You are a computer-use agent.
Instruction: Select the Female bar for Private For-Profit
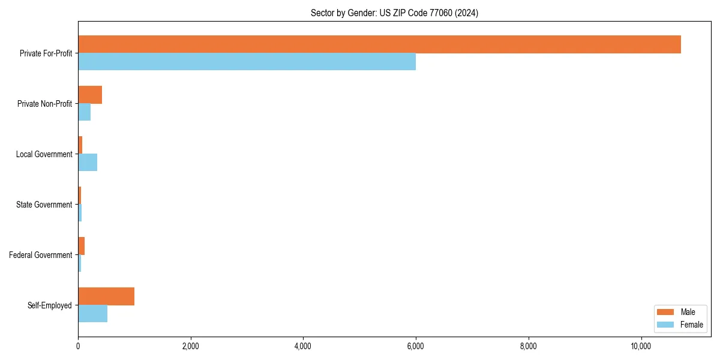(x=247, y=62)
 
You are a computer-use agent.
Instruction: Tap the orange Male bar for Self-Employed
(x=106, y=296)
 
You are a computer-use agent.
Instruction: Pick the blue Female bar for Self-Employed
(x=92, y=314)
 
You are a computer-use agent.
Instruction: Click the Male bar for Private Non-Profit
(x=90, y=95)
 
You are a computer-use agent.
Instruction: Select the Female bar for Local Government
(x=88, y=163)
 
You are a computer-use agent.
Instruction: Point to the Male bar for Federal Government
(x=82, y=246)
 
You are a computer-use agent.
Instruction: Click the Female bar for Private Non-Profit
(x=85, y=112)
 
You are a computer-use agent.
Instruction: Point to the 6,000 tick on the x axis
(x=416, y=346)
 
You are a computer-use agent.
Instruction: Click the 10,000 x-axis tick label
(x=641, y=346)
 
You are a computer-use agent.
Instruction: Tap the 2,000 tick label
(x=191, y=346)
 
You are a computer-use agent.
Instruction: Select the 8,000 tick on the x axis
(x=529, y=346)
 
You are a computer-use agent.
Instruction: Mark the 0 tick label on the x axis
(x=78, y=346)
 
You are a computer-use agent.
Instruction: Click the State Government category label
(x=44, y=205)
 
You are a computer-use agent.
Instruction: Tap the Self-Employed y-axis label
(x=50, y=305)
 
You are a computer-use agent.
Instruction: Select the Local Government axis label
(x=44, y=154)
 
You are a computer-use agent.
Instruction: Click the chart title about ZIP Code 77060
(x=394, y=13)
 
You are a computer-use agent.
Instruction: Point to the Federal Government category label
(x=41, y=255)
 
